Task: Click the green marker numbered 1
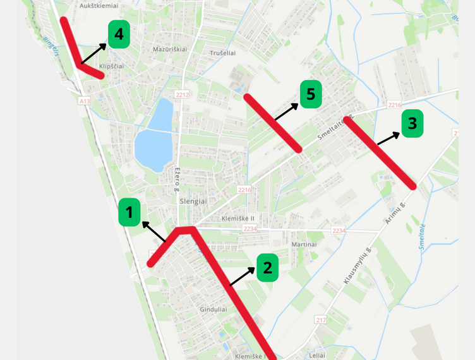tap(129, 212)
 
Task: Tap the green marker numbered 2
tap(267, 268)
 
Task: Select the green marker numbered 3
tap(412, 123)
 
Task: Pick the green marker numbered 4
tap(119, 34)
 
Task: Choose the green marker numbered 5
tap(310, 94)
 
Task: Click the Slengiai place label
tap(193, 201)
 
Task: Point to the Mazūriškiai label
tap(170, 49)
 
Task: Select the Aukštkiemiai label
tap(98, 5)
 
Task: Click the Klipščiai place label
tap(112, 66)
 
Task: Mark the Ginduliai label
tap(213, 309)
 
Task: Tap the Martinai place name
tap(304, 244)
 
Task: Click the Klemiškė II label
tap(237, 219)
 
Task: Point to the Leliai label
tap(317, 355)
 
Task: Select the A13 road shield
tap(85, 101)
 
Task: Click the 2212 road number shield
tap(182, 95)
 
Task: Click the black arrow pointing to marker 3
tap(388, 139)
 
